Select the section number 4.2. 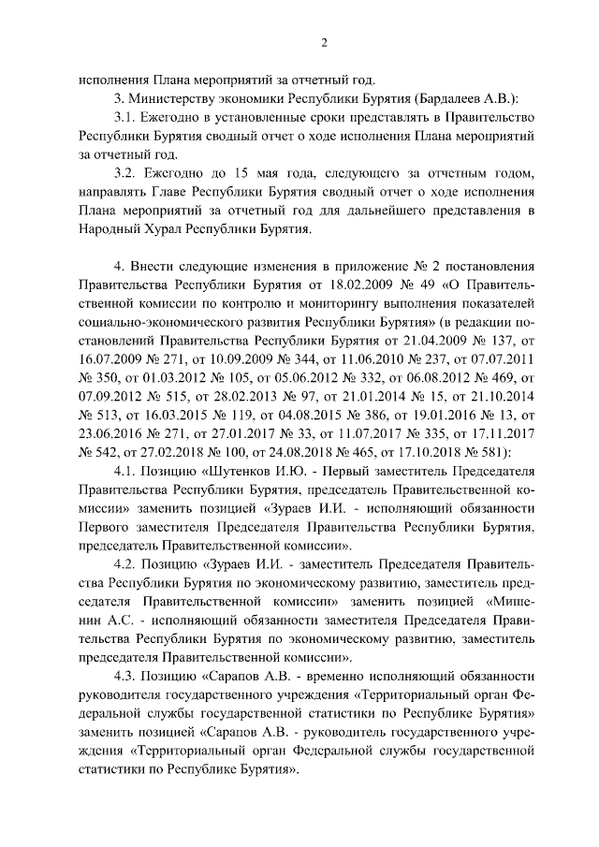(x=124, y=563)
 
